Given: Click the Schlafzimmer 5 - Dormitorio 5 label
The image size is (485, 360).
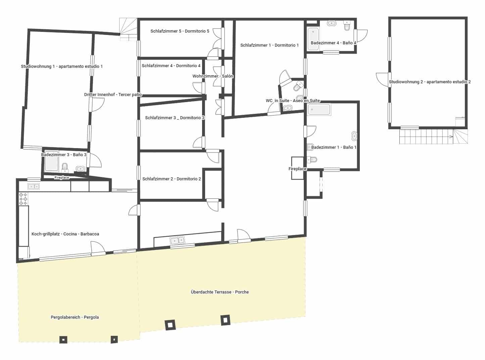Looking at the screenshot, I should tap(180, 31).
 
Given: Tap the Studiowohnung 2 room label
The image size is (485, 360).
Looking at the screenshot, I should tap(430, 82).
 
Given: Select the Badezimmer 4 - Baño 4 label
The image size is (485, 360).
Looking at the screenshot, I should tap(333, 43).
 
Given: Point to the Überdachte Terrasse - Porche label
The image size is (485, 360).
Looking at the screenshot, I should tap(220, 292).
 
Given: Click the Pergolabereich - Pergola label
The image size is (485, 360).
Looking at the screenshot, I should tap(75, 317).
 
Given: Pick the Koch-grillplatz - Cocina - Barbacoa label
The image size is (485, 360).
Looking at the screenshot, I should tap(65, 234).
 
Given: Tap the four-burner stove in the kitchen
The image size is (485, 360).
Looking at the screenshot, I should tap(23, 199).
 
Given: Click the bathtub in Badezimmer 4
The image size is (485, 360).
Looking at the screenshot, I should tap(313, 39).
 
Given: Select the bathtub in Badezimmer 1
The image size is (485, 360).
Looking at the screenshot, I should tap(319, 109).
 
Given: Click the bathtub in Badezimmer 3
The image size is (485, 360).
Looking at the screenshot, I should tap(52, 163).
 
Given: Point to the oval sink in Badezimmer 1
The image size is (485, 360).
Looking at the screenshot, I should tap(354, 136).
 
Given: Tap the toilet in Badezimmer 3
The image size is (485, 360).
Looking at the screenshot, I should tap(65, 167).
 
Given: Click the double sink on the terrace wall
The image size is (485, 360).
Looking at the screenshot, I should tap(177, 240).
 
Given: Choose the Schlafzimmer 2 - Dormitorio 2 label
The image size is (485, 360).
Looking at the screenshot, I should tap(172, 179).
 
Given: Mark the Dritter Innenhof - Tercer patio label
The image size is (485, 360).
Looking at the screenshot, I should tap(113, 95).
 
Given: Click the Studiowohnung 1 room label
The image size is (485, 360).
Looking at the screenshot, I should tap(62, 66).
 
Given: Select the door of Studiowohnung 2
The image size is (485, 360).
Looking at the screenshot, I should tap(383, 80).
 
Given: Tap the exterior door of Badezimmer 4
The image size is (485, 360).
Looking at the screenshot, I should tap(362, 35).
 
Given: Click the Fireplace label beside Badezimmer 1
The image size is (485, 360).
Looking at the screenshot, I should tap(297, 169).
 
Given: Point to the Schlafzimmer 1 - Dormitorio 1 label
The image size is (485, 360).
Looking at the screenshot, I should tap(269, 45).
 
